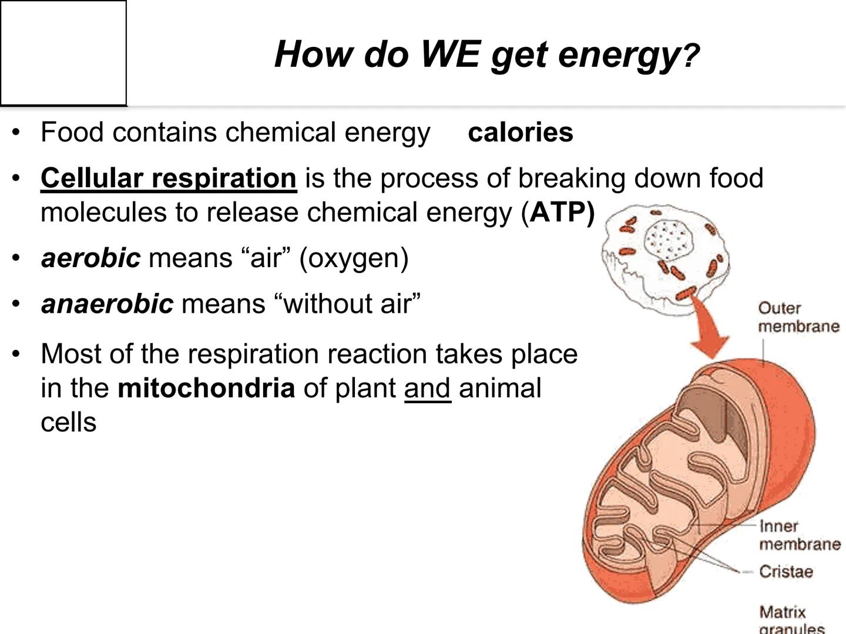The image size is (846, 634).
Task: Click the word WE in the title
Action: pos(450,54)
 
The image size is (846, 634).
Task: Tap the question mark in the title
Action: pos(691,56)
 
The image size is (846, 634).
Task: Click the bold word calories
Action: pos(521,132)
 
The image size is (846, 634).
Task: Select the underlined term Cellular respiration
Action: pos(169,178)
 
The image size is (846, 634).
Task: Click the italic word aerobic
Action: pos(90,258)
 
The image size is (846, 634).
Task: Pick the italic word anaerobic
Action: pos(107,303)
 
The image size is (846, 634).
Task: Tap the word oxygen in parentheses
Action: pos(354,258)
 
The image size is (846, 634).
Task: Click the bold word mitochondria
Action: pos(206,388)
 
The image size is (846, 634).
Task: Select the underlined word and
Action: pos(427,389)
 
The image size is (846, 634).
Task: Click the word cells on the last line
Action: pos(68,422)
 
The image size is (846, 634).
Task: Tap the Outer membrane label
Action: pos(798,317)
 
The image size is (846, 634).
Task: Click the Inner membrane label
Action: pos(799,535)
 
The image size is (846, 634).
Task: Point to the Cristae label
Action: pos(785,571)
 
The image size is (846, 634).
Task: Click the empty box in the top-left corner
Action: pos(63,53)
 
